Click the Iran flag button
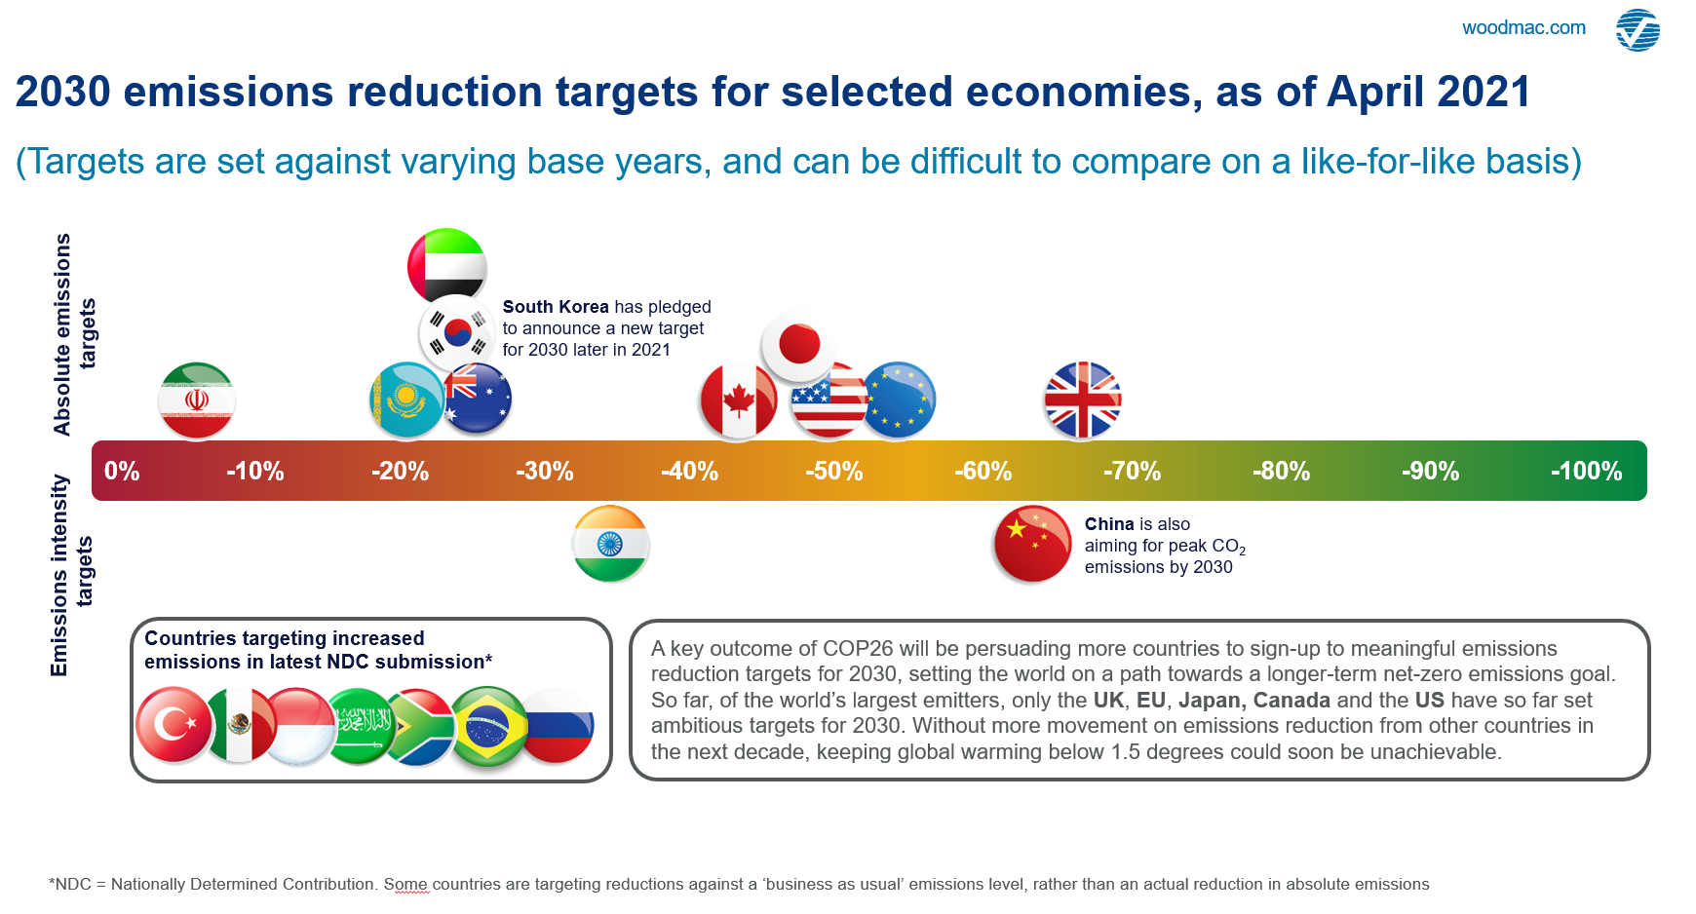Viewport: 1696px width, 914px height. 197,400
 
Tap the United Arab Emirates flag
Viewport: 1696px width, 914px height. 446,266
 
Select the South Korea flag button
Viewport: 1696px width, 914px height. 456,333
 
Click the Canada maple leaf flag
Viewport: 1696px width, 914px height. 737,400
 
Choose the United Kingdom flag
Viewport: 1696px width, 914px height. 1082,400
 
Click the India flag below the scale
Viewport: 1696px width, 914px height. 610,544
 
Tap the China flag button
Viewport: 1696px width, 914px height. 1032,544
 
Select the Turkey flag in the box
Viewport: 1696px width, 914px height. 173,725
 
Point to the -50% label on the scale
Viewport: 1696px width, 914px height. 833,472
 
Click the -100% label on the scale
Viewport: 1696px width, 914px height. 1586,472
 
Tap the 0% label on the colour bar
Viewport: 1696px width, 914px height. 122,472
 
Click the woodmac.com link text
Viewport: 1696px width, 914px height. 1523,28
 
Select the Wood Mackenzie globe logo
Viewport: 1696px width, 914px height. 1638,30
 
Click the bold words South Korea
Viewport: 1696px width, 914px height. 556,307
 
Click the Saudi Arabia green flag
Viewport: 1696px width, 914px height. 361,725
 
